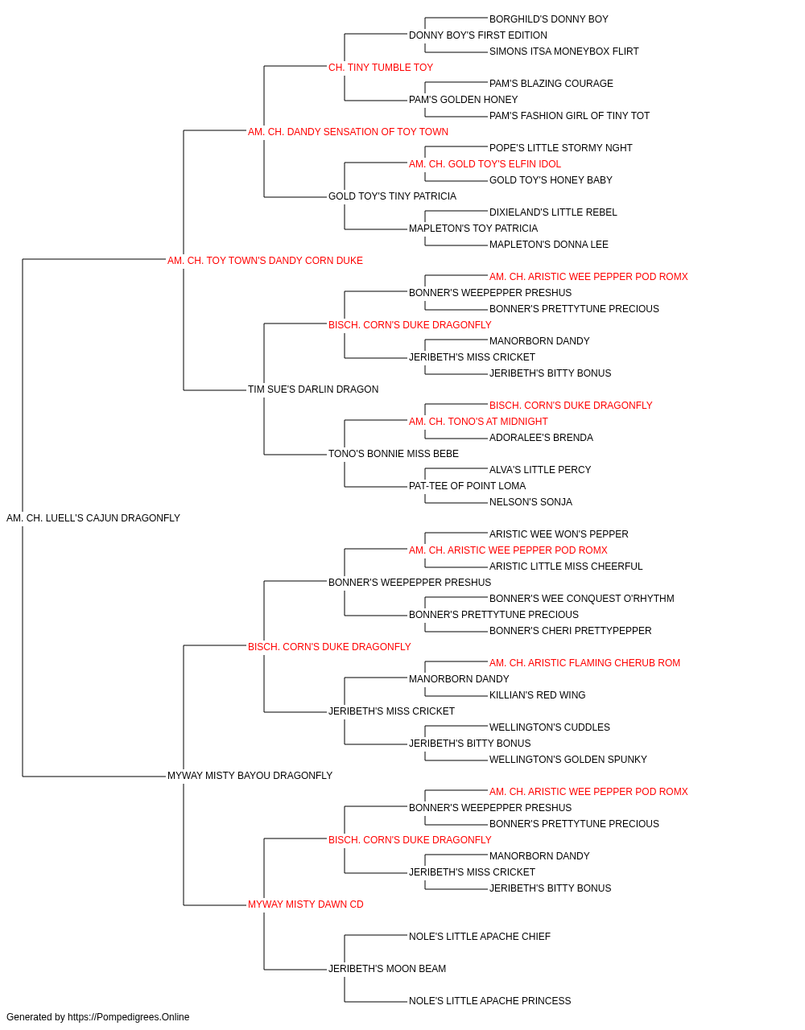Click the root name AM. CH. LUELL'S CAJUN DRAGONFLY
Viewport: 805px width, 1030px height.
[x=93, y=518]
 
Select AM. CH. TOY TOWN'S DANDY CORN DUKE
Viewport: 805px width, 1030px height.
[x=265, y=261]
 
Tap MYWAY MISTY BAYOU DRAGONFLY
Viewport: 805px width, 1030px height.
[x=250, y=776]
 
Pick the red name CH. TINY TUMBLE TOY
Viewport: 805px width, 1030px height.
[x=381, y=68]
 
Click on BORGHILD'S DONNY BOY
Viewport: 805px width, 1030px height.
[x=548, y=19]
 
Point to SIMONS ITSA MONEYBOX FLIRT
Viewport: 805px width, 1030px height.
[x=563, y=51]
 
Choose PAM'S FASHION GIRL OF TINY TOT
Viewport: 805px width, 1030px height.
[x=569, y=116]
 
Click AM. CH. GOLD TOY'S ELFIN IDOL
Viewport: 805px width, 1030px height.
[x=485, y=164]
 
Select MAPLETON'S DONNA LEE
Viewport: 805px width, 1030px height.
[x=548, y=245]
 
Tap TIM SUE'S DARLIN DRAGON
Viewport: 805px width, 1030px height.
[x=313, y=389]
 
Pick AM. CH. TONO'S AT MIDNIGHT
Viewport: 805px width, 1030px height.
[x=478, y=422]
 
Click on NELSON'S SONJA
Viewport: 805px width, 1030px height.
[x=530, y=502]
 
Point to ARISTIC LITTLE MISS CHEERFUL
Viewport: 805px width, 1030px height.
[x=566, y=566]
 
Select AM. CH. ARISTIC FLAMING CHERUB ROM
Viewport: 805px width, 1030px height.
[x=584, y=662]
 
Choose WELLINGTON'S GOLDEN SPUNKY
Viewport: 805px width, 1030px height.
[x=568, y=760]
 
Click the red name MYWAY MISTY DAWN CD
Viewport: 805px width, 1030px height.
[x=306, y=904]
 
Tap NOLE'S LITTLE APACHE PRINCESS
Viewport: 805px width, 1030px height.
[x=489, y=1000]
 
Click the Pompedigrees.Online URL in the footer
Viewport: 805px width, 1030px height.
[x=129, y=1017]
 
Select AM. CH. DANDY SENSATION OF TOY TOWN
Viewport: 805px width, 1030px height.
[x=348, y=132]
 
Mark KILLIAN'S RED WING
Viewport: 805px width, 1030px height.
[x=537, y=695]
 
